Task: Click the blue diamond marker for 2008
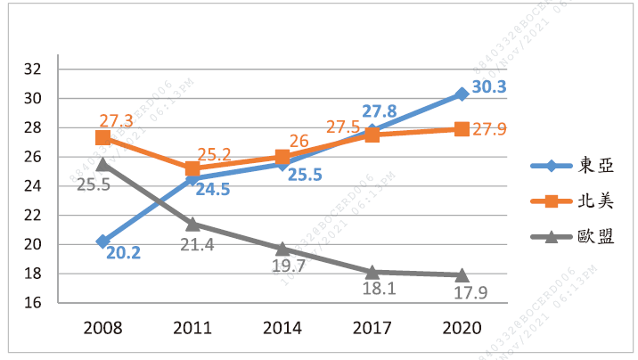(x=103, y=241)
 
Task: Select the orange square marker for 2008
(x=103, y=137)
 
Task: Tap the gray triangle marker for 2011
(x=192, y=224)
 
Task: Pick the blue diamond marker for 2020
(x=462, y=94)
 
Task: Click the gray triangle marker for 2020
(x=462, y=274)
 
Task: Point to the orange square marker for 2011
(x=192, y=168)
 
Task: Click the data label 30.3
(x=489, y=87)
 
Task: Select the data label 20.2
(x=125, y=253)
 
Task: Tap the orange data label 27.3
(x=117, y=120)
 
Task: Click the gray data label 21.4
(x=196, y=244)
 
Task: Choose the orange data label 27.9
(x=489, y=130)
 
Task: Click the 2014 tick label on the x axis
(x=282, y=327)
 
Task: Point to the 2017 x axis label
(x=372, y=327)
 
